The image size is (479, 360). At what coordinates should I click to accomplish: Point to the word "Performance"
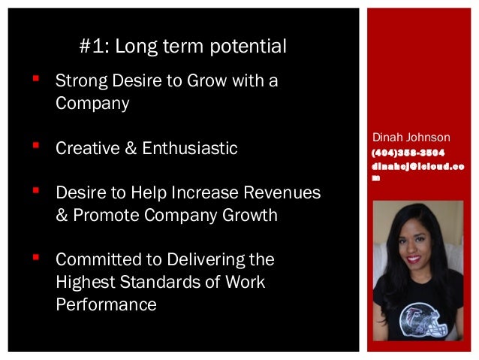106,306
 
